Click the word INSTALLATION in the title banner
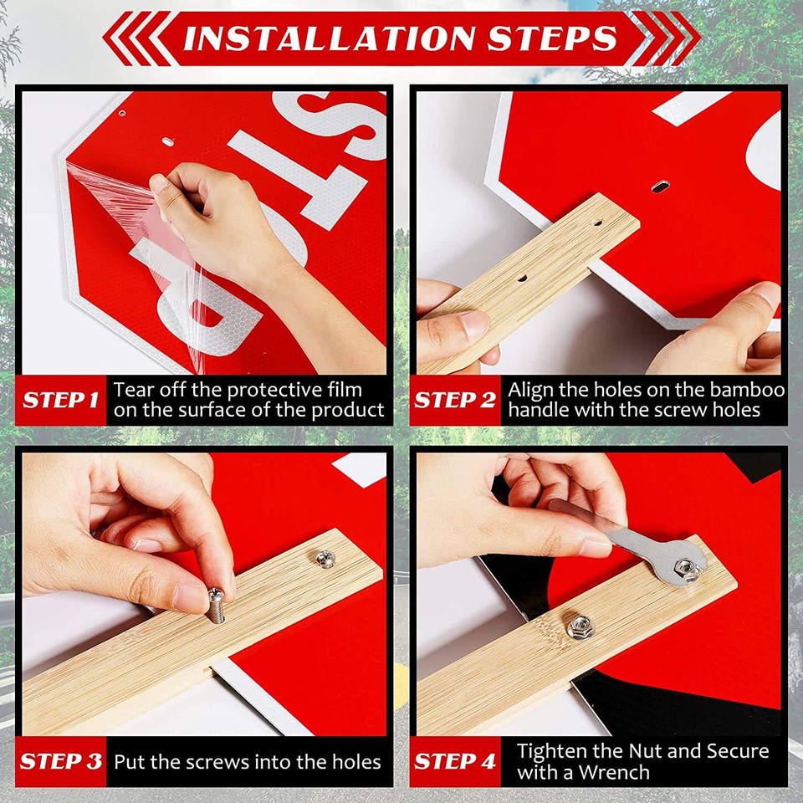[328, 39]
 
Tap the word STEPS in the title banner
[552, 39]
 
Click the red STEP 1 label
[60, 400]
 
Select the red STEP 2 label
[455, 400]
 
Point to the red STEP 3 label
[61, 761]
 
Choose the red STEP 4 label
[455, 761]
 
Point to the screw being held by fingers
[216, 606]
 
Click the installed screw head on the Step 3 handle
[325, 558]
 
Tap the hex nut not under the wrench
[581, 627]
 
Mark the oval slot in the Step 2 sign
[661, 187]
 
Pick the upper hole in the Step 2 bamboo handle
[597, 223]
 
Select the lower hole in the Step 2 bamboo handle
[522, 279]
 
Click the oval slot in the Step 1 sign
[168, 142]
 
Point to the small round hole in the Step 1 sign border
[122, 113]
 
